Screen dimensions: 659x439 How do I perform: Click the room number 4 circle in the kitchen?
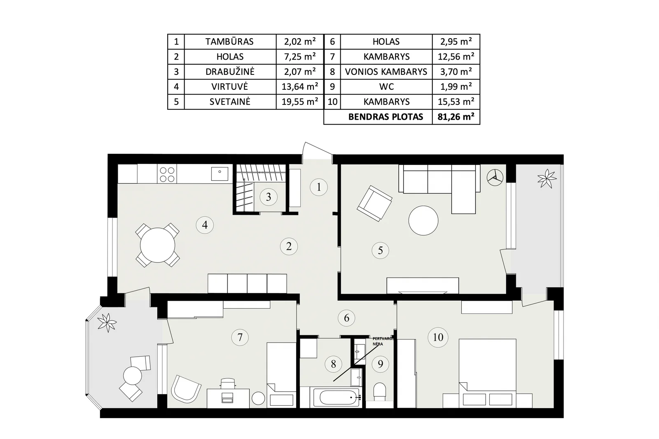(x=205, y=225)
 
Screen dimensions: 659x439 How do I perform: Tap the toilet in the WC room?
(x=379, y=391)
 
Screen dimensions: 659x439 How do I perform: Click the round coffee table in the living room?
(x=423, y=221)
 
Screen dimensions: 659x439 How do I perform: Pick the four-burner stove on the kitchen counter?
(x=167, y=174)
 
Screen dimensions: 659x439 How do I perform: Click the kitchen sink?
(x=220, y=174)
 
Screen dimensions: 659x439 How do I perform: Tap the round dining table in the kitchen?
(x=158, y=245)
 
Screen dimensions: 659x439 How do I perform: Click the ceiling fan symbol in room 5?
(x=495, y=178)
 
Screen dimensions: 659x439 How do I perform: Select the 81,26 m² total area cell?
(x=456, y=117)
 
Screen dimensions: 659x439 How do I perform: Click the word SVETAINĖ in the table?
(x=230, y=102)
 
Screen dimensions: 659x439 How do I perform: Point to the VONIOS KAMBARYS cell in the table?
(x=386, y=72)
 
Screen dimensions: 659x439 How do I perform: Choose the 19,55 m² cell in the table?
(x=300, y=102)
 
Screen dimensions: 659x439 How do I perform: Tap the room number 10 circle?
(x=438, y=337)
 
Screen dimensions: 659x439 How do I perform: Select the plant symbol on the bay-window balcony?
(x=107, y=323)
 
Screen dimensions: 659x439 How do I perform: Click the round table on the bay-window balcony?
(x=132, y=376)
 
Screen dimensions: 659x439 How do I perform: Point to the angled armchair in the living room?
(x=374, y=203)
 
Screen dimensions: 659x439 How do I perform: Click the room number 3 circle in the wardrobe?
(x=268, y=197)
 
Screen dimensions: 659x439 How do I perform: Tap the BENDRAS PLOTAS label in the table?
(x=386, y=117)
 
